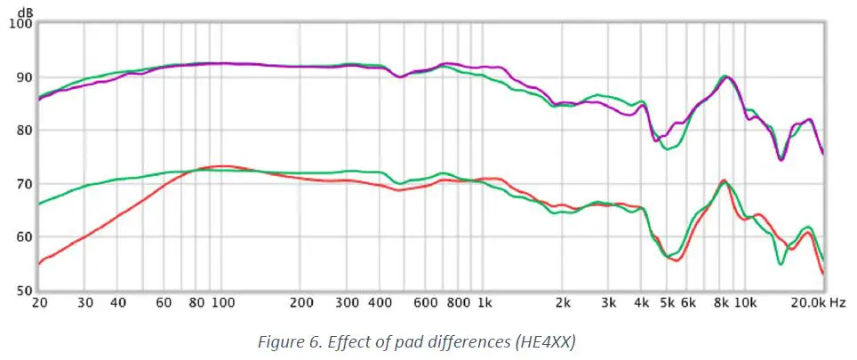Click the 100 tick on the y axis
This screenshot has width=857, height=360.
point(20,24)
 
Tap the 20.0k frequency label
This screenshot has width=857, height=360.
point(806,303)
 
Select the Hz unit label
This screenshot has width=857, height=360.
point(837,303)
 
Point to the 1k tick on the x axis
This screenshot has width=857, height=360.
point(485,303)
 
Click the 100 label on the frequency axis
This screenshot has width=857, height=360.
point(222,303)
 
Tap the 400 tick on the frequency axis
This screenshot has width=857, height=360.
point(381,303)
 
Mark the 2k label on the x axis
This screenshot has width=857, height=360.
point(564,303)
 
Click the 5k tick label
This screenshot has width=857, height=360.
point(668,303)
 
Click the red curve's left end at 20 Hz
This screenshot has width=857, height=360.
point(39,264)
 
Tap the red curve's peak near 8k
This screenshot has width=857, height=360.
point(724,181)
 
